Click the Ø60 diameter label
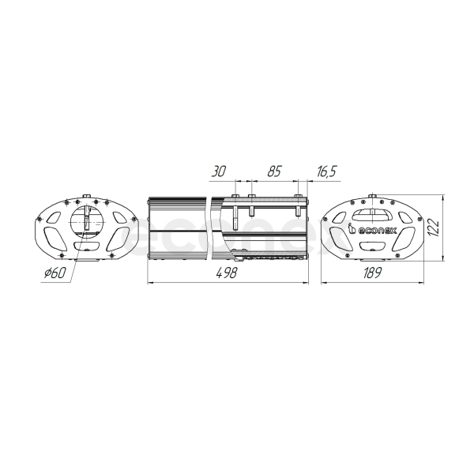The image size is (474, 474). pyautogui.click(x=55, y=273)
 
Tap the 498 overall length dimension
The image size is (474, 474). pyautogui.click(x=227, y=273)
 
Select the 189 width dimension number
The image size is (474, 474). pyautogui.click(x=372, y=273)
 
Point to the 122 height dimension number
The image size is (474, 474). pyautogui.click(x=434, y=227)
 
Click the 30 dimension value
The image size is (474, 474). pyautogui.click(x=218, y=171)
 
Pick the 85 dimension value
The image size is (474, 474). pyautogui.click(x=274, y=171)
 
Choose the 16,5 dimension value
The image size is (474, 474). pyautogui.click(x=326, y=171)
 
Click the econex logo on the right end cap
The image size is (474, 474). pyautogui.click(x=372, y=230)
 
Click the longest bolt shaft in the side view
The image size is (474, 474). pyautogui.click(x=235, y=218)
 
